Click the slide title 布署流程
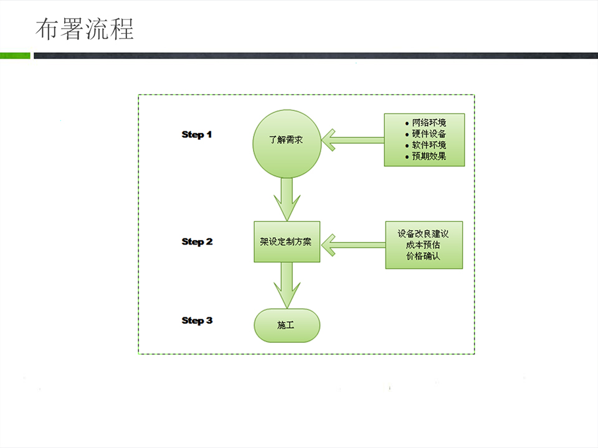[x=84, y=29]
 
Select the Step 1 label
[x=196, y=135]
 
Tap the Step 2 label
[x=197, y=242]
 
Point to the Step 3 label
[x=197, y=321]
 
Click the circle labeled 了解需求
[x=287, y=144]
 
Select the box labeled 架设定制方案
[x=287, y=241]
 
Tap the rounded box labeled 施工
[x=287, y=325]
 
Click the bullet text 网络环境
[x=429, y=123]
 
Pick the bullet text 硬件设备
[x=429, y=134]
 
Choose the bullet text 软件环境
[x=429, y=145]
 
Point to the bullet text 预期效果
[x=429, y=156]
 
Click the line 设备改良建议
[x=424, y=233]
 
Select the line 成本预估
[x=424, y=245]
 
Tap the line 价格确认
[x=424, y=256]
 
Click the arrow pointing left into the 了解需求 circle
[x=353, y=140]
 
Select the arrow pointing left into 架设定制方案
[x=354, y=245]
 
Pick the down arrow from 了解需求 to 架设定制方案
[x=287, y=199]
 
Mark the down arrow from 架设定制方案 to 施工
[x=287, y=286]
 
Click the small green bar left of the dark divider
[x=15, y=55]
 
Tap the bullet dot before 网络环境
[x=407, y=123]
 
